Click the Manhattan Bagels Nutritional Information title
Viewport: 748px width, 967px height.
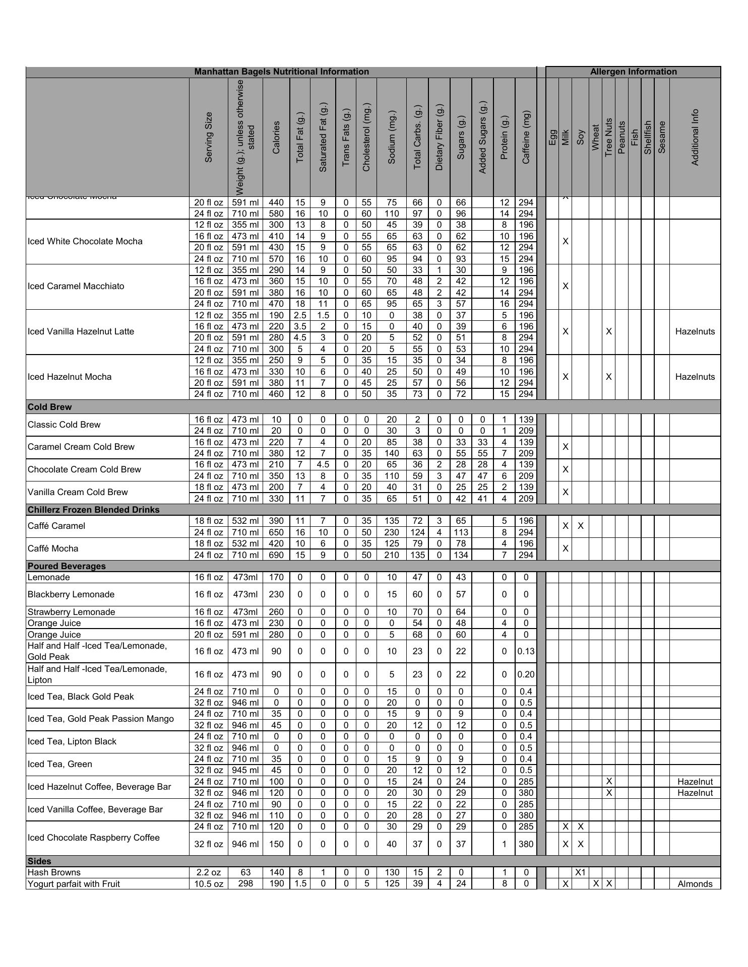pos(281,72)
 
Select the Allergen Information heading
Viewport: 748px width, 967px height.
pos(633,72)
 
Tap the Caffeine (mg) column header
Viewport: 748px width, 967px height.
pos(526,137)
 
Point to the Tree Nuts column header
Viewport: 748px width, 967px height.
pos(608,137)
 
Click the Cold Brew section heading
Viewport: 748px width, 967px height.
pos(49,407)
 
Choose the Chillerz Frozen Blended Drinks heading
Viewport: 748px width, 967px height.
pos(93,510)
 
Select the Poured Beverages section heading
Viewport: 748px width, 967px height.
pos(67,566)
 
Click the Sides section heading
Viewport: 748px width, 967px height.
pos(39,861)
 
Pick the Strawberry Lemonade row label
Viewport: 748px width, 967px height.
pos(71,612)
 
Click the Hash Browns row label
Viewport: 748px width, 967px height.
pos(54,872)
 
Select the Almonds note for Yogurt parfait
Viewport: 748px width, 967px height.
pos(695,884)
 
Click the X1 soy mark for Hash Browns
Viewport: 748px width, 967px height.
pos(580,872)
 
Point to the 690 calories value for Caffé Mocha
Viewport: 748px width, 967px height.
pos(276,555)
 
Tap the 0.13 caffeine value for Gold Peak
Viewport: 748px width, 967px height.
pos(526,651)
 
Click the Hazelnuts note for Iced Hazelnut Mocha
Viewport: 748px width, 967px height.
pos(695,377)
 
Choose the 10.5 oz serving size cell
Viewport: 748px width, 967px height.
pos(209,884)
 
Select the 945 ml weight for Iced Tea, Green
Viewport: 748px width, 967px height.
pos(245,770)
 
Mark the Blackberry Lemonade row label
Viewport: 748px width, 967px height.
pos(71,594)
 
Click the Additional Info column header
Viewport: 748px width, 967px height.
pos(695,137)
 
